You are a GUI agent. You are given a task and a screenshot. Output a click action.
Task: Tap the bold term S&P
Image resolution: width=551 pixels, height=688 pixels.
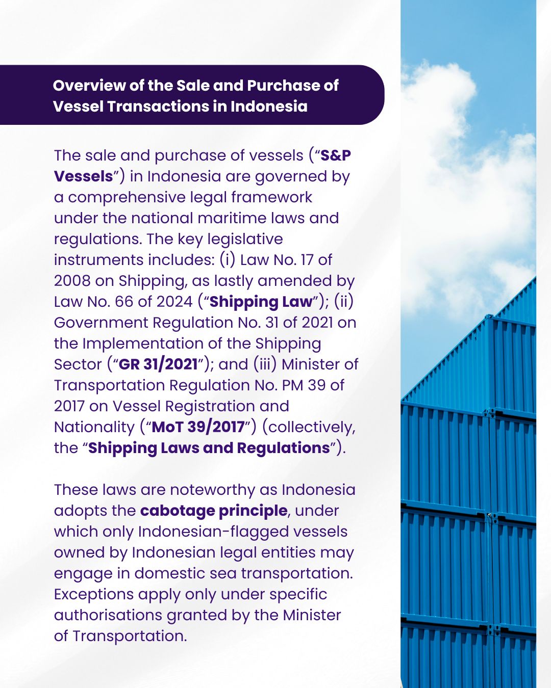coord(335,155)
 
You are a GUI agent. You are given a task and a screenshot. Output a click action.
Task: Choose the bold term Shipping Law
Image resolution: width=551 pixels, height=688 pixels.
coord(261,302)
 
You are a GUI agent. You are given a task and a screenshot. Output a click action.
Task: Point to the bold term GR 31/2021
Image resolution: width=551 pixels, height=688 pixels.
coord(158,364)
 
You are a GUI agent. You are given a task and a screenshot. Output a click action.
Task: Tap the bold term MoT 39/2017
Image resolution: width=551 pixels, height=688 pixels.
coord(198,427)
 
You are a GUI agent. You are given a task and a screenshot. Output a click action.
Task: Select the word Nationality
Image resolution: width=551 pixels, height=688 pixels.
coord(94,427)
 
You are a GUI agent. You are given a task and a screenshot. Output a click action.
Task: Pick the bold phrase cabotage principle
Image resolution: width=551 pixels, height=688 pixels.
coord(214,511)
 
